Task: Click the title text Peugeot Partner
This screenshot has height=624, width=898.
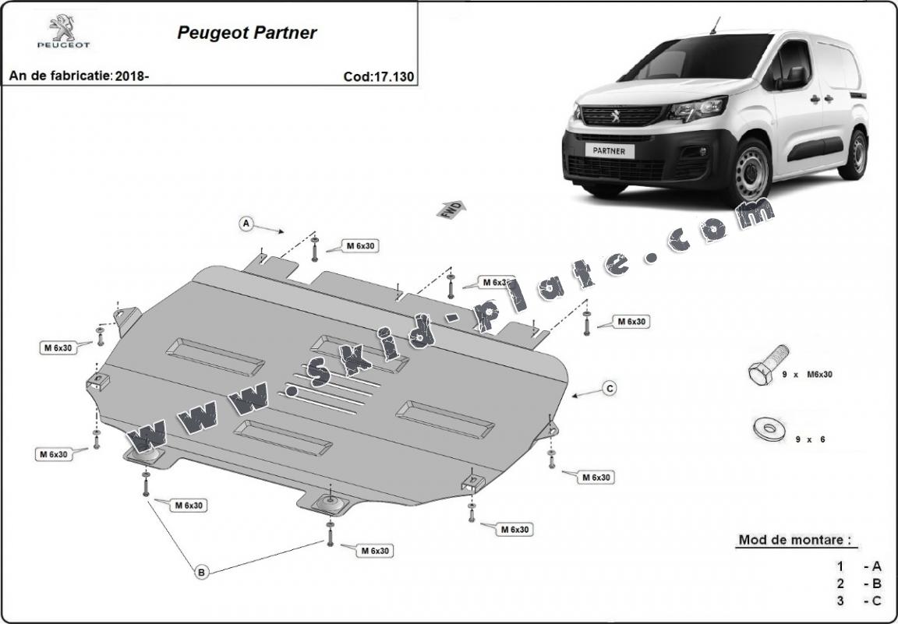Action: pyautogui.click(x=247, y=33)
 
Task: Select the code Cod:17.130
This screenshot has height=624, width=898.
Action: pyautogui.click(x=378, y=76)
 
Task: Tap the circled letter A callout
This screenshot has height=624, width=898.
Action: pyautogui.click(x=246, y=224)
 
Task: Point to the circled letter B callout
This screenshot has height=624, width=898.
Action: pyautogui.click(x=201, y=573)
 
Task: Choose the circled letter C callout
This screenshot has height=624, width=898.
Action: pyautogui.click(x=610, y=388)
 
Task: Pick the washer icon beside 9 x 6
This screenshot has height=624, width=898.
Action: pyautogui.click(x=768, y=428)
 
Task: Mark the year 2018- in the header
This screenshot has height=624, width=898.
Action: pyautogui.click(x=132, y=76)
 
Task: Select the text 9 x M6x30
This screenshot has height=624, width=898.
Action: pyautogui.click(x=808, y=375)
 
